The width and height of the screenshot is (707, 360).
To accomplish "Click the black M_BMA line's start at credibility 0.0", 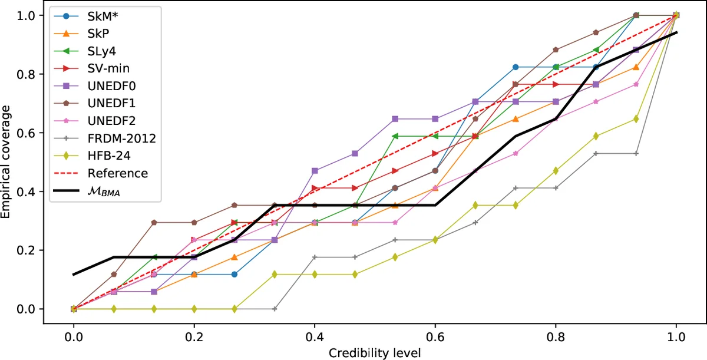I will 74,275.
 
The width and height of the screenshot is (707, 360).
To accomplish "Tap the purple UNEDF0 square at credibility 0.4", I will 315,171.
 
